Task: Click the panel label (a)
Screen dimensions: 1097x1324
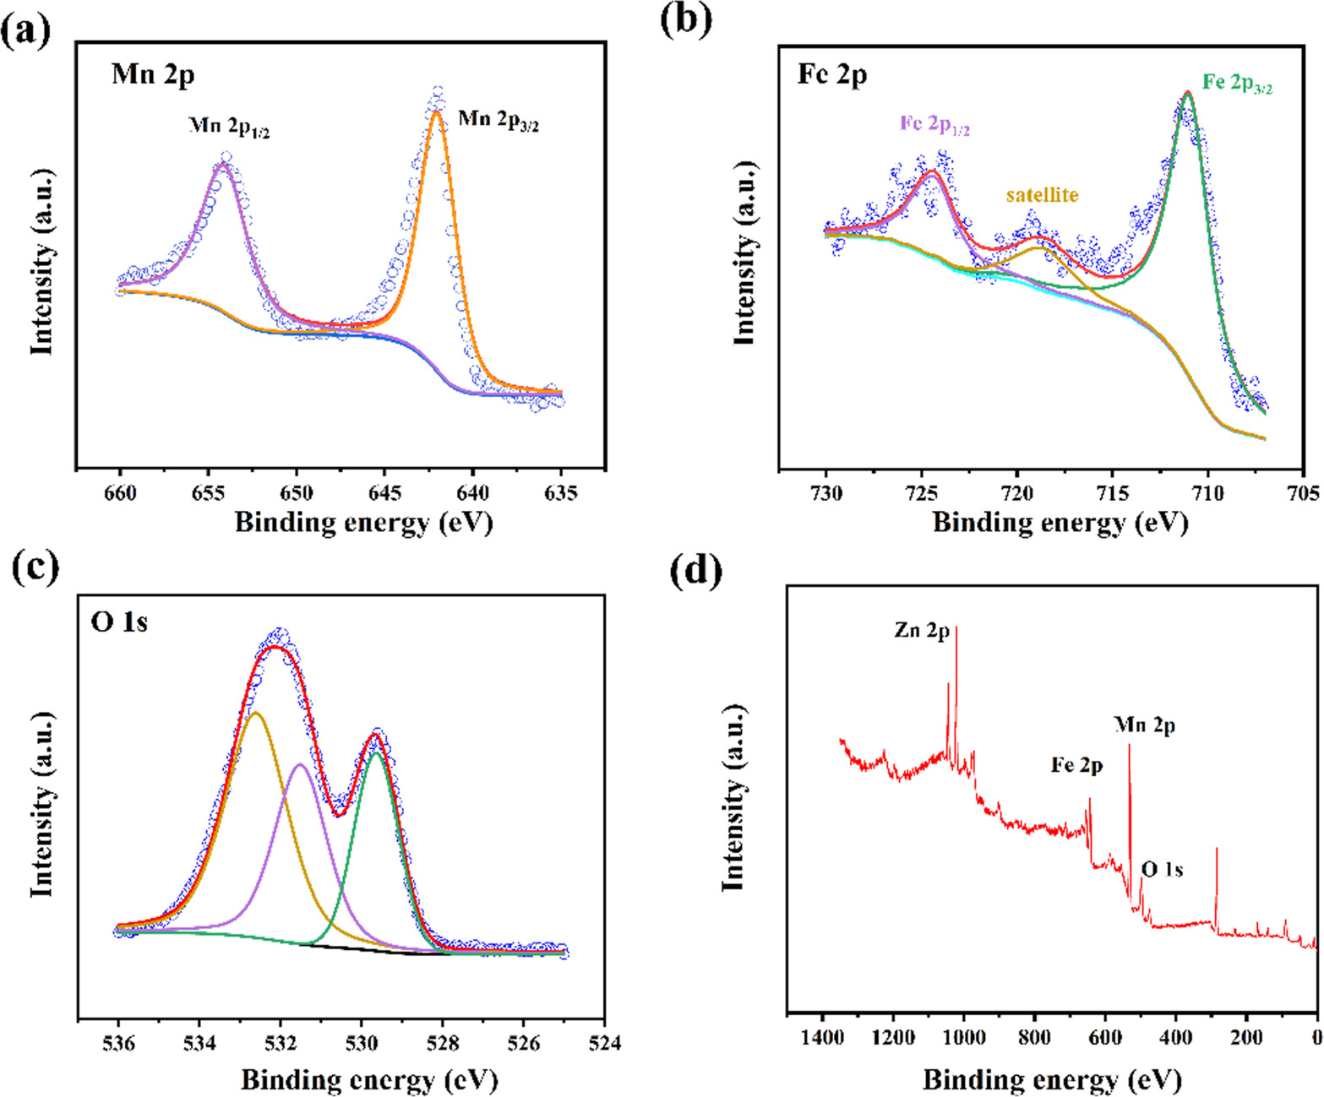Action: pyautogui.click(x=25, y=31)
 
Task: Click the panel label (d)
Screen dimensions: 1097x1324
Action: pyautogui.click(x=695, y=572)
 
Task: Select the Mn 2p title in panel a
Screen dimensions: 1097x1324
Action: pyautogui.click(x=153, y=74)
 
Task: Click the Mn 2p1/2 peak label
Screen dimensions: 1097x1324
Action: pyautogui.click(x=229, y=127)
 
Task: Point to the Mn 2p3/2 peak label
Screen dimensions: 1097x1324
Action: pyautogui.click(x=499, y=120)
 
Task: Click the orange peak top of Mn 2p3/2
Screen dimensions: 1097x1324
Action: pyautogui.click(x=436, y=111)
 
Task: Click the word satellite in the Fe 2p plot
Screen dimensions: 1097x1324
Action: pyautogui.click(x=1042, y=195)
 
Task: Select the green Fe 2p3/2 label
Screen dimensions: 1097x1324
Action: pyautogui.click(x=1238, y=83)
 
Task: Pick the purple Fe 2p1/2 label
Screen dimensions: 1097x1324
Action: pyautogui.click(x=934, y=124)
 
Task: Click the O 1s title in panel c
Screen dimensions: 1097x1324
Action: pyautogui.click(x=119, y=622)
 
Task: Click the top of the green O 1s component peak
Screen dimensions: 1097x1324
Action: pyautogui.click(x=376, y=752)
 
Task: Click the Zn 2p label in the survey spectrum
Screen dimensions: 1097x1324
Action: pyautogui.click(x=922, y=630)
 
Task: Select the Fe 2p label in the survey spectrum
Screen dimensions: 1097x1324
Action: pyautogui.click(x=1076, y=766)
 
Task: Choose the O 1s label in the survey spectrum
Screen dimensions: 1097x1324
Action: pyautogui.click(x=1162, y=869)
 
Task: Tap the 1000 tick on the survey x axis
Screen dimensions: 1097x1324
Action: pyautogui.click(x=964, y=1037)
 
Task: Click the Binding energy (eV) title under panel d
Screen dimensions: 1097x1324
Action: pyautogui.click(x=1051, y=1079)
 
